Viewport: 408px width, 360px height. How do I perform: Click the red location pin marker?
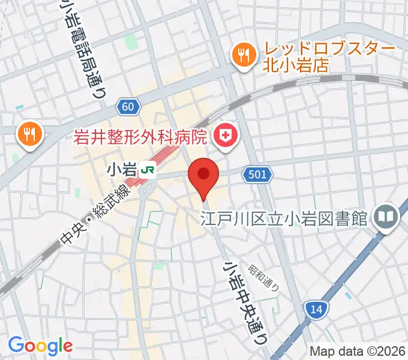(203, 176)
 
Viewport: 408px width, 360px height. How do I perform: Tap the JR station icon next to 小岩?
(147, 171)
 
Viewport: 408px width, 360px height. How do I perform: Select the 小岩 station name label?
(121, 170)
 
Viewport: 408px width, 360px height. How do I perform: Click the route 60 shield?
(127, 106)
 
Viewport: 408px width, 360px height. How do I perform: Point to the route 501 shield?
(259, 175)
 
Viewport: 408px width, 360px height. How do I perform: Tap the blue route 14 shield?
(316, 310)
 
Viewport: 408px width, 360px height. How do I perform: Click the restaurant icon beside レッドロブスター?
(243, 56)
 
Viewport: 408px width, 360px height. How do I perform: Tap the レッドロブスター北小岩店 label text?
(329, 57)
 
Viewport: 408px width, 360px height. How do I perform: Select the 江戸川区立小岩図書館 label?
(284, 218)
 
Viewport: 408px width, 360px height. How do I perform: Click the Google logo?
(40, 346)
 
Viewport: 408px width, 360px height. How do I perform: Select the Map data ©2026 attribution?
(357, 351)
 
